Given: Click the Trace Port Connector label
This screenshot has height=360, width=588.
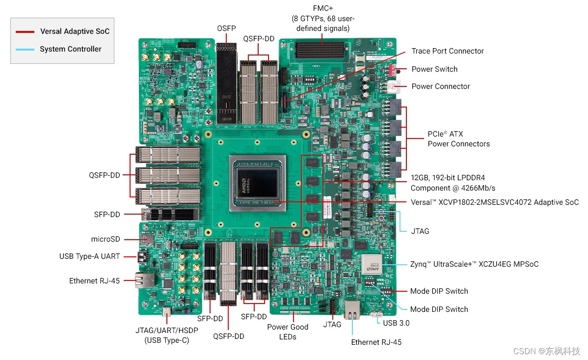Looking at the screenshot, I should click(x=447, y=51).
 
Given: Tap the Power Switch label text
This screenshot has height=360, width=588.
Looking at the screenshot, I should click(x=434, y=69).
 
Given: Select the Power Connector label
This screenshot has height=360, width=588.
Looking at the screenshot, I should click(x=440, y=86).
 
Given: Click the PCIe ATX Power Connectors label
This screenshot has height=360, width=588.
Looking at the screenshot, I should click(x=458, y=139).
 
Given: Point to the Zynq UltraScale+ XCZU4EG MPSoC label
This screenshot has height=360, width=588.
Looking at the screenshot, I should click(x=474, y=264).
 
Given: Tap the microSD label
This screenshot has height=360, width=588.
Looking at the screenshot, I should click(x=106, y=239).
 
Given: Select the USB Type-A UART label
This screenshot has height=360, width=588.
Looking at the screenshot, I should click(x=90, y=256).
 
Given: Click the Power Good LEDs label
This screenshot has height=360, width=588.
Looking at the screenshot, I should click(x=288, y=332).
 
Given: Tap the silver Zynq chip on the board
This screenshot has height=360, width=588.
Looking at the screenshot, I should click(x=372, y=265).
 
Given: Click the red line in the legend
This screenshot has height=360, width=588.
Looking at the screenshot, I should click(x=25, y=32).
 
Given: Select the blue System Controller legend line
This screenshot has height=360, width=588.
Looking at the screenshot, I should click(x=25, y=50).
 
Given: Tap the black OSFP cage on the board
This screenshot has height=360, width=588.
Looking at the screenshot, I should click(x=227, y=83).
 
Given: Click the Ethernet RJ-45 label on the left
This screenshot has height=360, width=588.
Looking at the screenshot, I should click(x=94, y=281).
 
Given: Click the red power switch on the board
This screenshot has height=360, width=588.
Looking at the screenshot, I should click(x=393, y=70).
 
